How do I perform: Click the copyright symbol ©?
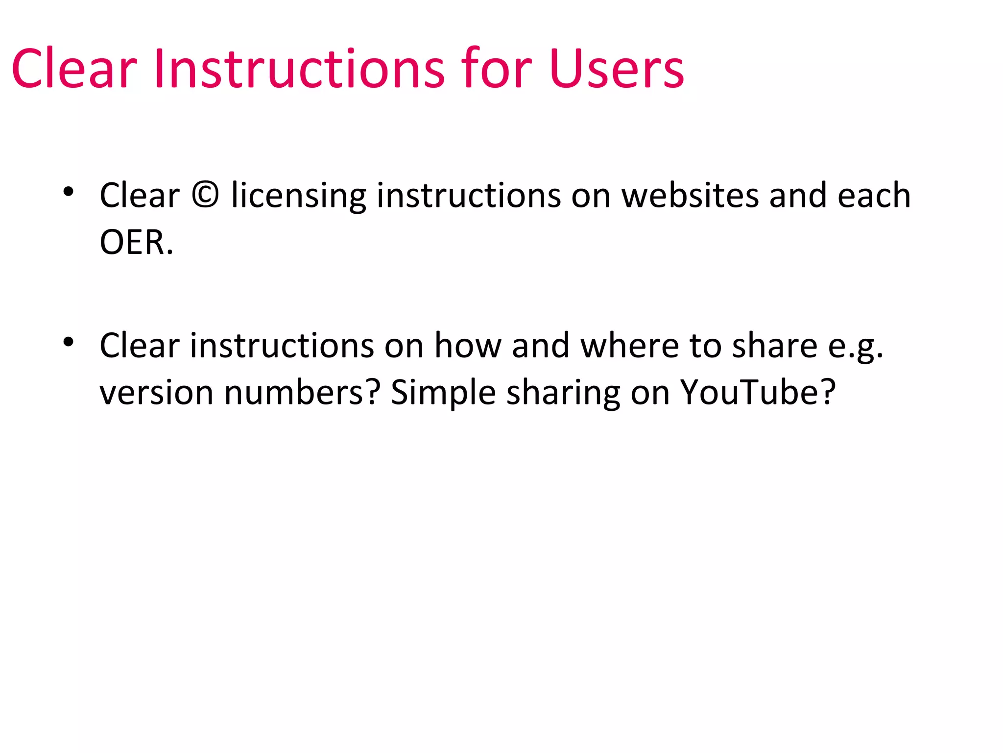point(205,195)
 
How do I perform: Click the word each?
point(874,195)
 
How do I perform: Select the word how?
point(468,346)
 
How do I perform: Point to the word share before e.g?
point(774,346)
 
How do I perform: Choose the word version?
point(156,393)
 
